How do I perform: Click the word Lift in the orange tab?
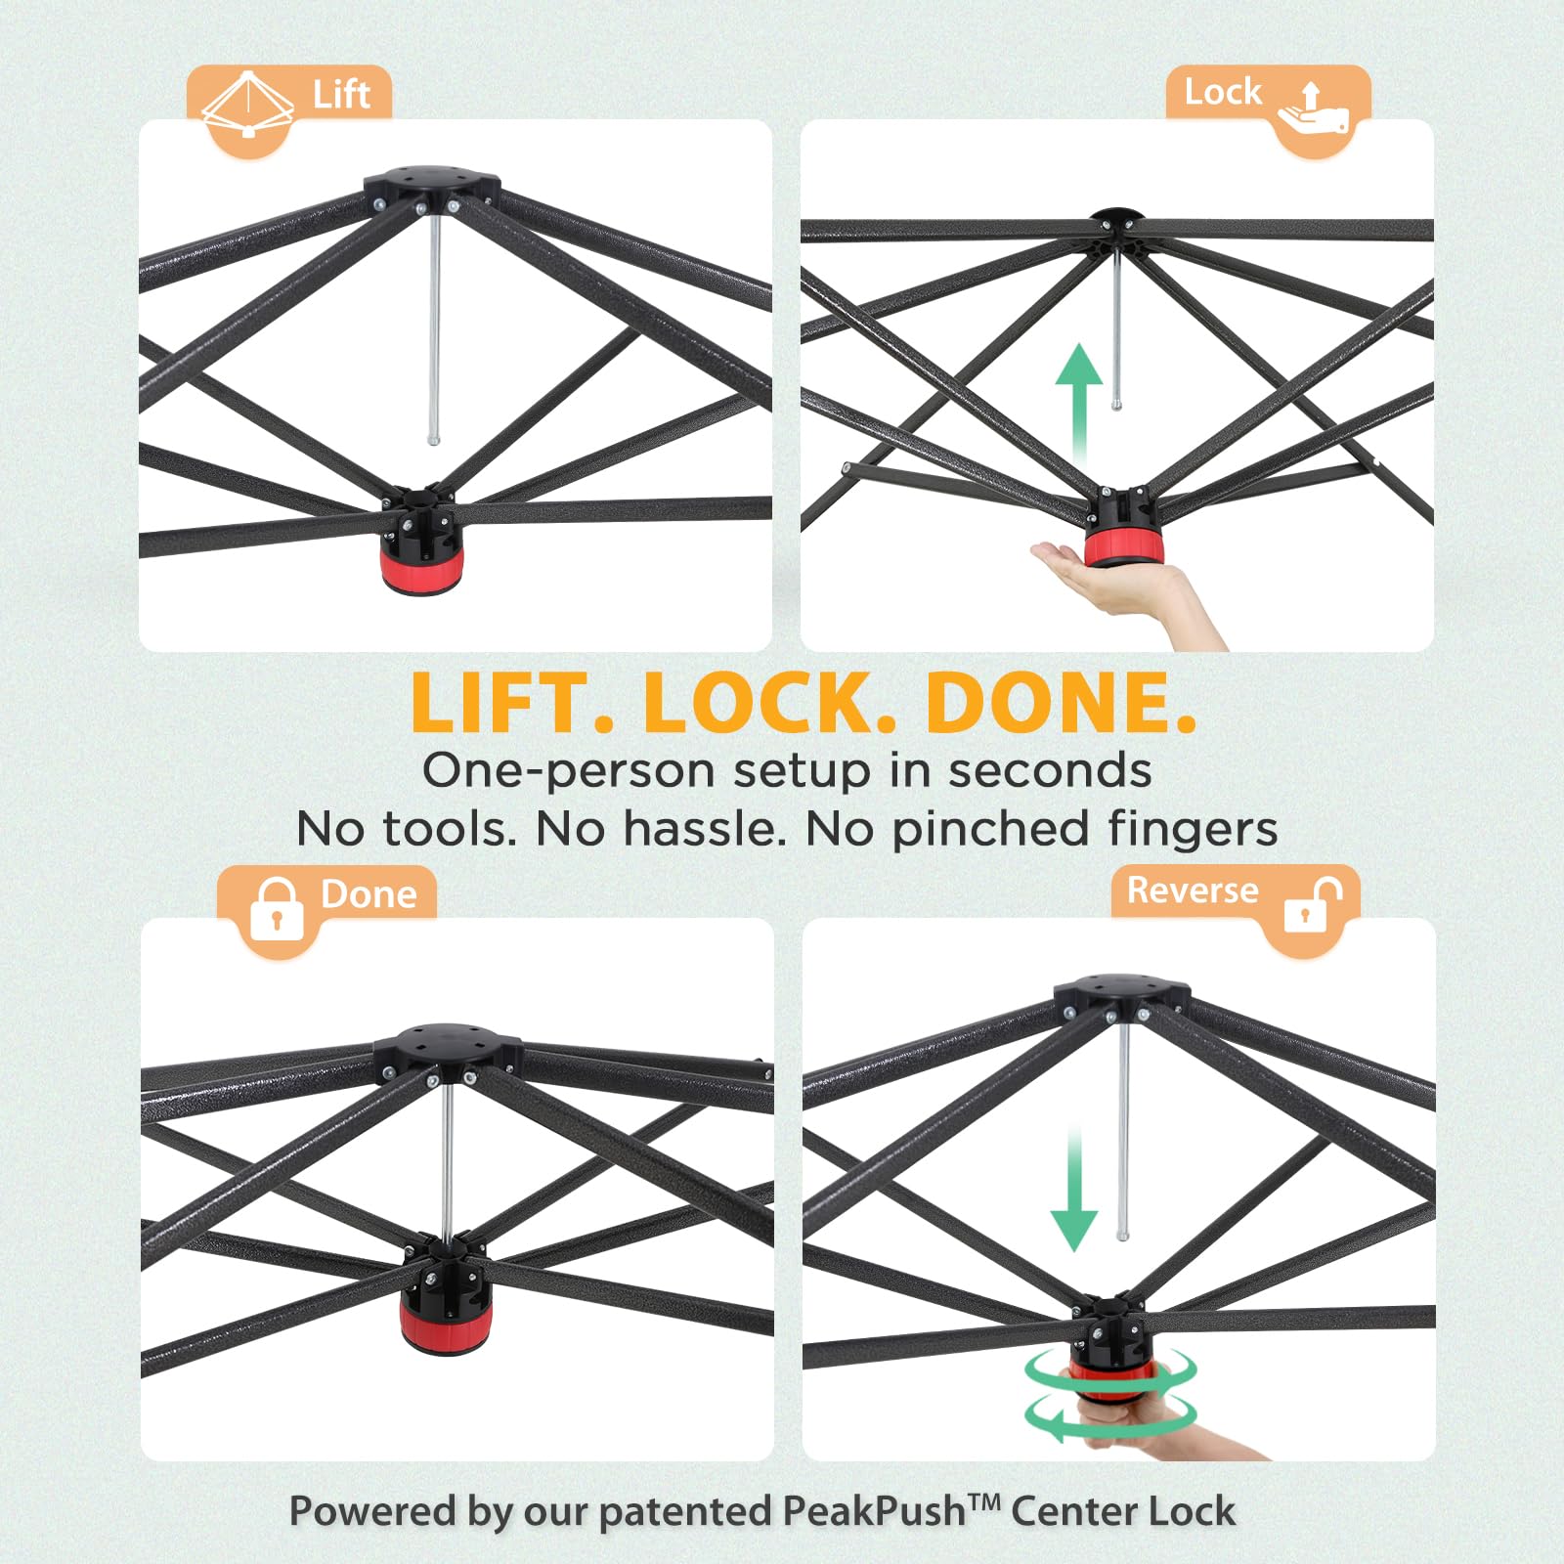[341, 95]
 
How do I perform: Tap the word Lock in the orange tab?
[1223, 92]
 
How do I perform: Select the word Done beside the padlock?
[369, 894]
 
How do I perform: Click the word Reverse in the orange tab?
[1193, 891]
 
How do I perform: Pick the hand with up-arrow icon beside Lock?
[1313, 109]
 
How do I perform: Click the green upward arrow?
[1079, 404]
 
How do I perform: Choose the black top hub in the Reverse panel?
[1121, 993]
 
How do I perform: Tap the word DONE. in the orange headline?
[1062, 703]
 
